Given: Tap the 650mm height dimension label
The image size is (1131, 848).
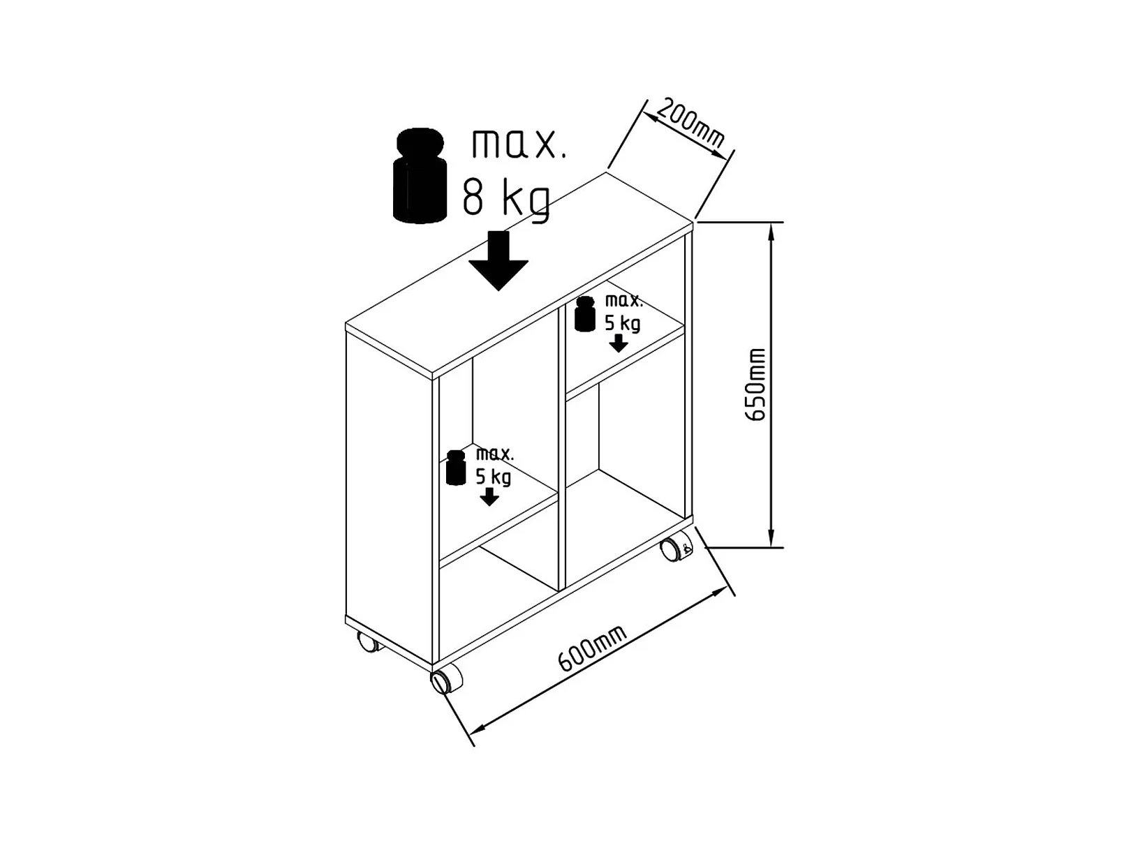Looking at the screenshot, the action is [755, 384].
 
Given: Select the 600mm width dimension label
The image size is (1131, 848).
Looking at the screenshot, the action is [592, 648].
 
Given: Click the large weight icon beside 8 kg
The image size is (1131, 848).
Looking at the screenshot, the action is [420, 176].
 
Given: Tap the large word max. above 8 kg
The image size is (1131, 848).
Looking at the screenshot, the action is [518, 144].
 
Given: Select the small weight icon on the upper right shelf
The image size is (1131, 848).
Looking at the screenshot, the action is [585, 314].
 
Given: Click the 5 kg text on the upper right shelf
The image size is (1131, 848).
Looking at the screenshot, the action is [622, 324].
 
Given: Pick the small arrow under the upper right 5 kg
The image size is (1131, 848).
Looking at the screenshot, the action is [618, 343].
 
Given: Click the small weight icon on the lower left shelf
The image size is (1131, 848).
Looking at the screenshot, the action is [456, 468].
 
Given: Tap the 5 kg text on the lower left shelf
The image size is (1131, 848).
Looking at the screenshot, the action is [494, 477].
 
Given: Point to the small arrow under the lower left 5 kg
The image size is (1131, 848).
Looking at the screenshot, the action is [489, 497].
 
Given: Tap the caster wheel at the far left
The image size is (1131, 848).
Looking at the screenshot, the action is [367, 641].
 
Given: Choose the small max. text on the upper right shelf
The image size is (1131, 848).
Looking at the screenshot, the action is [623, 302].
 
